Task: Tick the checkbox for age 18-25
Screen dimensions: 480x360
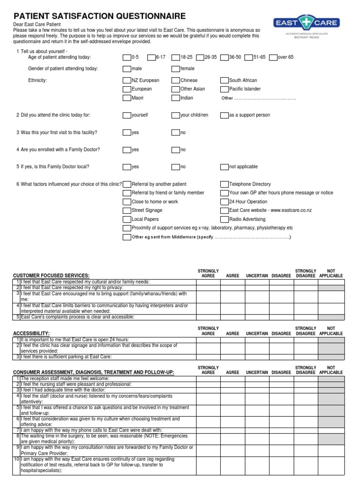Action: click(175, 58)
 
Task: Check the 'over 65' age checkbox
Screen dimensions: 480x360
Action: click(274, 58)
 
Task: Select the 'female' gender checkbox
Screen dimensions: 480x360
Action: click(175, 69)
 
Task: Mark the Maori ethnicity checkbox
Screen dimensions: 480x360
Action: click(127, 98)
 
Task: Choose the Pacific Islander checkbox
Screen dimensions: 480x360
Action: click(225, 89)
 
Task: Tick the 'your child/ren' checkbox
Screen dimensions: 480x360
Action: click(175, 115)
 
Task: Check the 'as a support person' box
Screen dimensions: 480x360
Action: click(225, 115)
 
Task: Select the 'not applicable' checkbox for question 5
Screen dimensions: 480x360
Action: click(225, 167)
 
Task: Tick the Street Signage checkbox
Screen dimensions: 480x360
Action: click(127, 210)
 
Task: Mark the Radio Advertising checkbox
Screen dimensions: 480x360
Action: click(225, 219)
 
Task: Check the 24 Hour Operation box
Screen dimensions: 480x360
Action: click(225, 202)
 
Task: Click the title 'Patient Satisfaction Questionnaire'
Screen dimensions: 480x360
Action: click(99, 16)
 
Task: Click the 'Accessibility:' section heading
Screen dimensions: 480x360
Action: click(31, 333)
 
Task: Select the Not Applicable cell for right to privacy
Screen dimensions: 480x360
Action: click(331, 287)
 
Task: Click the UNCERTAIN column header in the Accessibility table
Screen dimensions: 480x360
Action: click(257, 334)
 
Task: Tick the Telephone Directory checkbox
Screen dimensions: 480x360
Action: click(225, 185)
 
